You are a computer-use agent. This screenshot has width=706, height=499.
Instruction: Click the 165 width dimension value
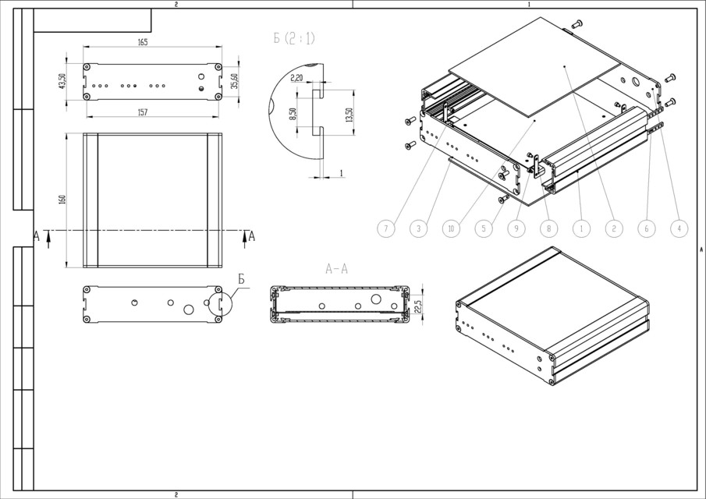click(143, 42)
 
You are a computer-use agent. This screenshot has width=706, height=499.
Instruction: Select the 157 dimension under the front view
click(143, 113)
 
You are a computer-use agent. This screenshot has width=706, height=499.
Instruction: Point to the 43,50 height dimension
click(63, 80)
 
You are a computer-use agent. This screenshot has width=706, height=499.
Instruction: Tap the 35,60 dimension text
click(234, 80)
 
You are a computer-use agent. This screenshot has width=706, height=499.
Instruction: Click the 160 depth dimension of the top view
click(63, 200)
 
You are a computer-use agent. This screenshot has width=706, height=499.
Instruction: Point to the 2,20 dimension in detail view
click(296, 77)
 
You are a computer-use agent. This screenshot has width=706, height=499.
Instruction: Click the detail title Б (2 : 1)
click(294, 38)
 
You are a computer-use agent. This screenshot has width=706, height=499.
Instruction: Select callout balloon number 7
click(385, 228)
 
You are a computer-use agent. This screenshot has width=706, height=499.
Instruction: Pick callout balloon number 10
click(450, 228)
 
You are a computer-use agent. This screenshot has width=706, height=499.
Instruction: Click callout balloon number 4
click(679, 228)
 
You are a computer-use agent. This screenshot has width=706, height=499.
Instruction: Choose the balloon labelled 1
click(580, 228)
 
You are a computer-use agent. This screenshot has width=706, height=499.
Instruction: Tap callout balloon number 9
click(515, 228)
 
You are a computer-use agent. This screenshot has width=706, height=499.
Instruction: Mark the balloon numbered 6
click(646, 228)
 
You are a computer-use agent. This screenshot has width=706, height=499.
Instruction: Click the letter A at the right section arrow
click(251, 236)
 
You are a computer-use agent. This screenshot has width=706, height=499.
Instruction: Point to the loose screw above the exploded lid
click(577, 23)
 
